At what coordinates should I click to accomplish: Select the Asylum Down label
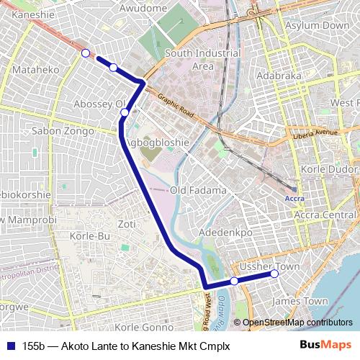pos(317,25)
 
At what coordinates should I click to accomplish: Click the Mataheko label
pos(35,71)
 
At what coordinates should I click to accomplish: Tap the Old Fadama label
pos(198,190)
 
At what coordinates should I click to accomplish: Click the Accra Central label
pos(328,215)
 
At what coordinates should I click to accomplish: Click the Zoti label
pos(127,224)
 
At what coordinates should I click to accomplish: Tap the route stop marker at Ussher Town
pos(274,274)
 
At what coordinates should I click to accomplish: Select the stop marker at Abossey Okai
pos(125,112)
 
